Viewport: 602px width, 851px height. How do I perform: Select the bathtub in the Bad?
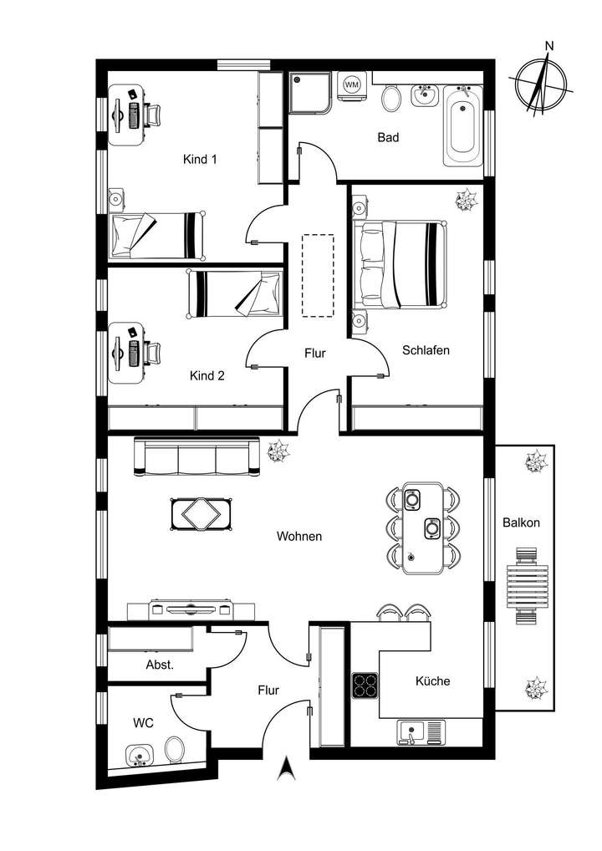tap(462, 125)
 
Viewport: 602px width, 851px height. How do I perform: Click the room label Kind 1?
tap(200, 159)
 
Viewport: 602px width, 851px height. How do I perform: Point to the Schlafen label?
tap(426, 350)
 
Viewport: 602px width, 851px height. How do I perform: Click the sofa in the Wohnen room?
tap(196, 458)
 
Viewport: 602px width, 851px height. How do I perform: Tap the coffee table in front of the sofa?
tap(200, 513)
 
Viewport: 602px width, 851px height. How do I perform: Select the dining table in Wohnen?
tap(423, 528)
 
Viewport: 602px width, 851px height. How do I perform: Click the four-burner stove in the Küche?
tap(365, 685)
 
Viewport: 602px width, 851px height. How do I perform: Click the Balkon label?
tap(521, 522)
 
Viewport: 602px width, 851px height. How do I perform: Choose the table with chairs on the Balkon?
tap(525, 586)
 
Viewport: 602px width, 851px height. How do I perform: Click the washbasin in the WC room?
tap(139, 755)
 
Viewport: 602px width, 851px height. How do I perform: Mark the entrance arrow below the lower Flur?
tap(287, 767)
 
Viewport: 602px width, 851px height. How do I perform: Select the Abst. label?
tap(159, 665)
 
